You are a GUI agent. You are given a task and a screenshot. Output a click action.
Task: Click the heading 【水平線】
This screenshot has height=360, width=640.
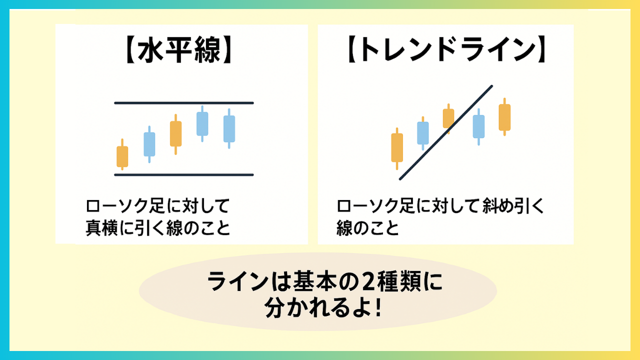(178, 50)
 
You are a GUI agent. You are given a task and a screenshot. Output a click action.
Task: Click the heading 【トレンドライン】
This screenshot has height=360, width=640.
(446, 50)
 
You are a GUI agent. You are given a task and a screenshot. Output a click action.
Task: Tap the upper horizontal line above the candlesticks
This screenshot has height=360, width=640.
(184, 103)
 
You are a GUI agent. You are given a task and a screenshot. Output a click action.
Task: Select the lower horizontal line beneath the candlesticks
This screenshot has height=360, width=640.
(184, 175)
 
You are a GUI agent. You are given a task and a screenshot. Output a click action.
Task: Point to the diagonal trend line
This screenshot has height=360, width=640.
(446, 132)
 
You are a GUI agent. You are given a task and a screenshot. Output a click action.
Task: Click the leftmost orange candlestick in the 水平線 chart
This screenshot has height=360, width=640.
(122, 154)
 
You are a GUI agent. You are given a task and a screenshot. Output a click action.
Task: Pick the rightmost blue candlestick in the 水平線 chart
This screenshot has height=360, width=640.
(229, 128)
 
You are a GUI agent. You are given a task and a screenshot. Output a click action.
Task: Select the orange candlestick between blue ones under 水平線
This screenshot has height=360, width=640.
(175, 134)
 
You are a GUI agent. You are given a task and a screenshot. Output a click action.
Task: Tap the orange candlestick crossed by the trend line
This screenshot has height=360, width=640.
(448, 118)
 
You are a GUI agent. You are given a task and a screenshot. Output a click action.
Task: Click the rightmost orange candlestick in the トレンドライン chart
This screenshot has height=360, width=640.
(504, 117)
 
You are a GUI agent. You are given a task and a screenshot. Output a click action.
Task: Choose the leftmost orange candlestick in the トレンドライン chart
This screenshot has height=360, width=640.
(397, 148)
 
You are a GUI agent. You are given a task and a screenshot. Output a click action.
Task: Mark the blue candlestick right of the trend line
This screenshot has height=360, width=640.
(478, 126)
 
